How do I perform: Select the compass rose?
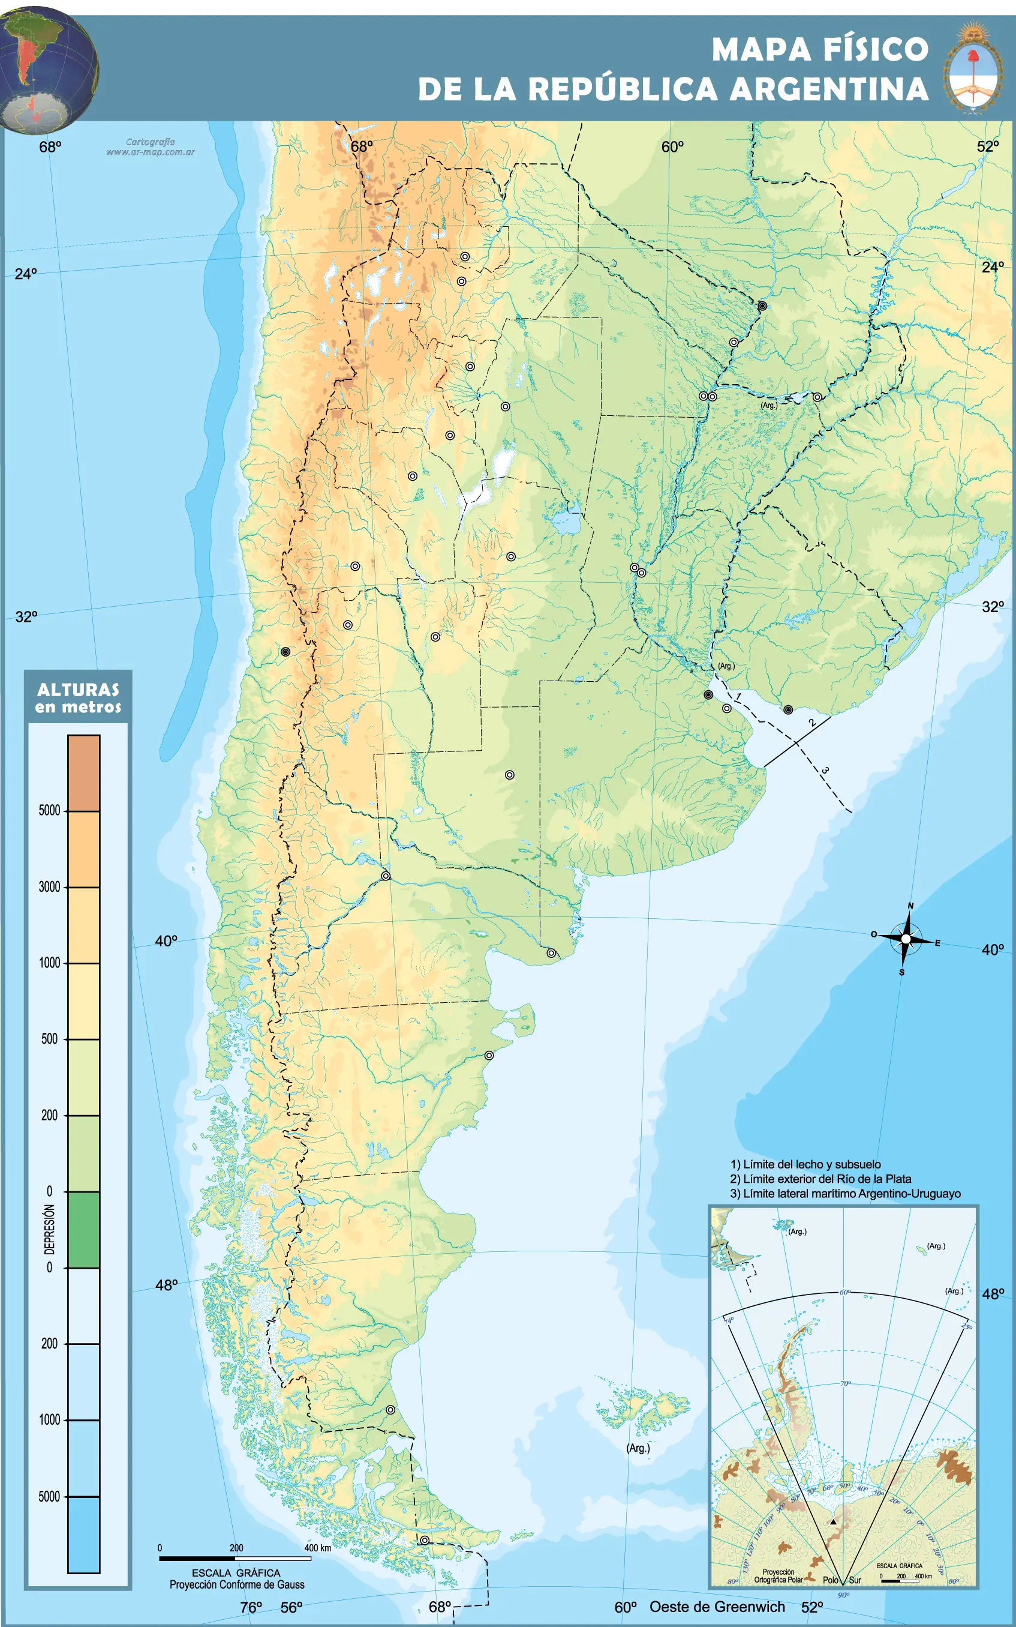pyautogui.click(x=905, y=939)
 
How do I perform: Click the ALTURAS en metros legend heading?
pyautogui.click(x=78, y=697)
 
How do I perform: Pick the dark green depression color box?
pyautogui.click(x=83, y=1230)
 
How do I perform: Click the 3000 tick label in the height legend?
pyautogui.click(x=49, y=887)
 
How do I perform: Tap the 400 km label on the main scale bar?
pyautogui.click(x=317, y=1547)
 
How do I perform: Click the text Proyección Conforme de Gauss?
pyautogui.click(x=236, y=1584)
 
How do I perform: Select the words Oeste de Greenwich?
pyautogui.click(x=716, y=1607)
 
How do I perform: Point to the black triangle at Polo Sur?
pyautogui.click(x=833, y=1521)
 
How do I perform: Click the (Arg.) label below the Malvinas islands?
pyautogui.click(x=638, y=1448)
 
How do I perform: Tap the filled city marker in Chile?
pyautogui.click(x=285, y=652)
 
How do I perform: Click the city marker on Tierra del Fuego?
pyautogui.click(x=424, y=1540)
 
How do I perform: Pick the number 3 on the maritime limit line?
pyautogui.click(x=825, y=770)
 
